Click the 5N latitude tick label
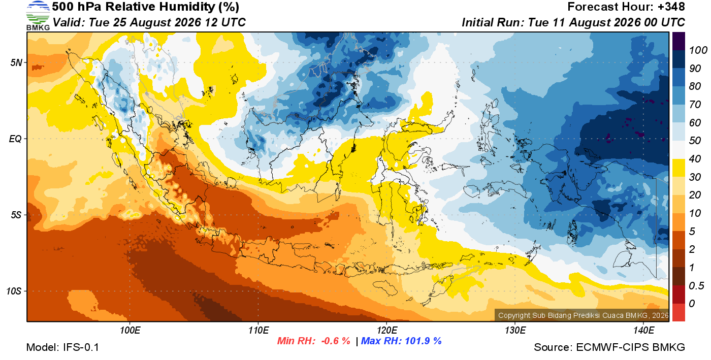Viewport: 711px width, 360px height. coord(16,62)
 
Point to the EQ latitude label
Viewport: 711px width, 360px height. coord(16,139)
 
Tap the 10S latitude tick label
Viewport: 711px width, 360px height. coord(14,291)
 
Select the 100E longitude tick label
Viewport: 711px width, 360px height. coord(130,330)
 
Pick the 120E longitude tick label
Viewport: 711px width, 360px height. coord(387,330)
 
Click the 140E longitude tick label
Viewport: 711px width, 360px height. coord(644,330)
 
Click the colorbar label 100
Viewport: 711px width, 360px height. coord(698,50)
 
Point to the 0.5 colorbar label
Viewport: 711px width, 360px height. coord(696,286)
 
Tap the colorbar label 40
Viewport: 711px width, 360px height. coord(695,159)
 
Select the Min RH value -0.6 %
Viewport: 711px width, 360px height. coord(336,341)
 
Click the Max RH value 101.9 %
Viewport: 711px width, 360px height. coord(423,341)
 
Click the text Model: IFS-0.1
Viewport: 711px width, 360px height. coord(62,347)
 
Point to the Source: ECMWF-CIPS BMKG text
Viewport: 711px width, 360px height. coord(609,347)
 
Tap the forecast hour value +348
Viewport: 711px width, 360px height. coord(671,7)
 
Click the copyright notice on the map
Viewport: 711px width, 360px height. coord(584,315)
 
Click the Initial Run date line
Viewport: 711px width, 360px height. coord(573,22)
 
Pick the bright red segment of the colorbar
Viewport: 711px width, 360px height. coord(678,312)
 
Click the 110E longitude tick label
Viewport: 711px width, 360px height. coord(258,330)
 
